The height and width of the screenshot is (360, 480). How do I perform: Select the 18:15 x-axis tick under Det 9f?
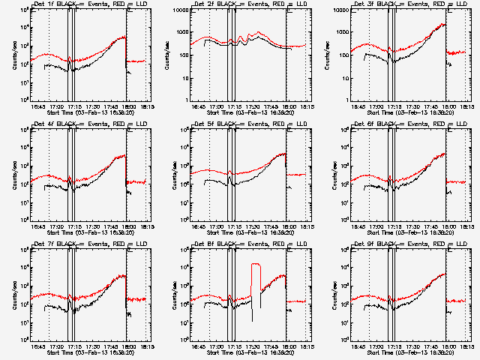click(466, 346)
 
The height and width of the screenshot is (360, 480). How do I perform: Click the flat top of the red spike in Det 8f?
click(256, 264)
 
